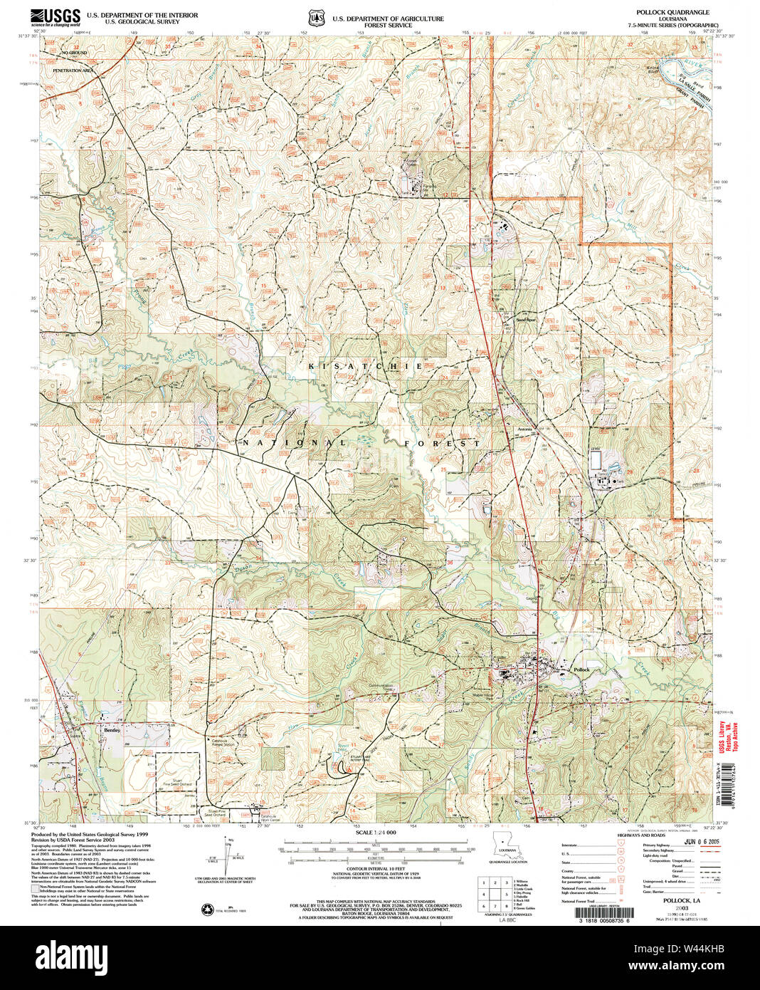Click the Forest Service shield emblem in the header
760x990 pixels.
click(315, 17)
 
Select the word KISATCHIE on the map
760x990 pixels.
click(366, 365)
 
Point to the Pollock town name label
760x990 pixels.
click(582, 670)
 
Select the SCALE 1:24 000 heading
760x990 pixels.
click(375, 833)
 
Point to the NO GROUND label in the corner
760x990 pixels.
click(74, 53)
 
